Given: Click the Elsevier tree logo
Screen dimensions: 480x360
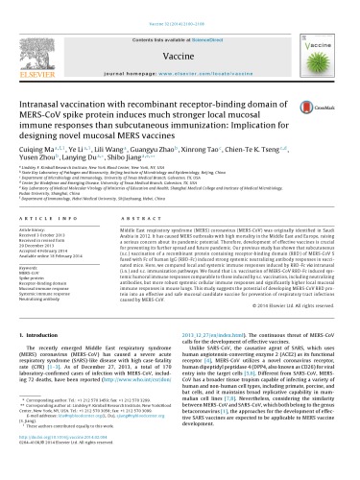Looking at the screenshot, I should [x=34, y=36].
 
